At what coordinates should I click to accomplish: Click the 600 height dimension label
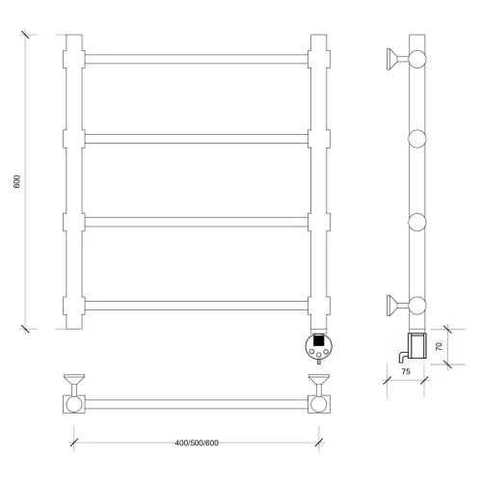coord(17,181)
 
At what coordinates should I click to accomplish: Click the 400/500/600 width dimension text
coord(197,442)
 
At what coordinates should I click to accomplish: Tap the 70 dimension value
coord(439,346)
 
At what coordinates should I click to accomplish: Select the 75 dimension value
coord(406,371)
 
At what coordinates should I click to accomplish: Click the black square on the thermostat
coord(318,340)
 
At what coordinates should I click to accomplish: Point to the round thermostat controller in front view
coord(319,346)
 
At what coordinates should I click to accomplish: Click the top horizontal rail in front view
coord(197,59)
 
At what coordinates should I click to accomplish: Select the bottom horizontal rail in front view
coord(197,306)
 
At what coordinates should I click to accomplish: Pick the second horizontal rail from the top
coord(197,139)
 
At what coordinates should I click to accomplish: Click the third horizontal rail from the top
coord(197,222)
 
